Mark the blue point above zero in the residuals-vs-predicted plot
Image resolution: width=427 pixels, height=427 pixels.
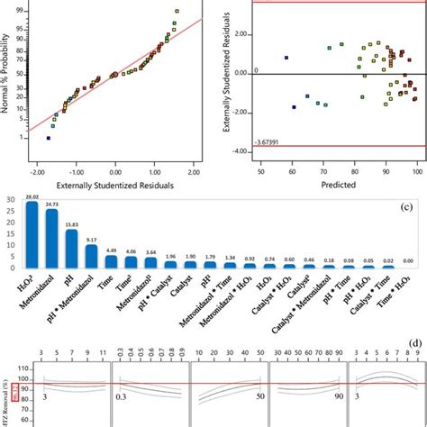pos(286,57)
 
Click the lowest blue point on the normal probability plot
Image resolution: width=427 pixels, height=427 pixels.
pos(49,138)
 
